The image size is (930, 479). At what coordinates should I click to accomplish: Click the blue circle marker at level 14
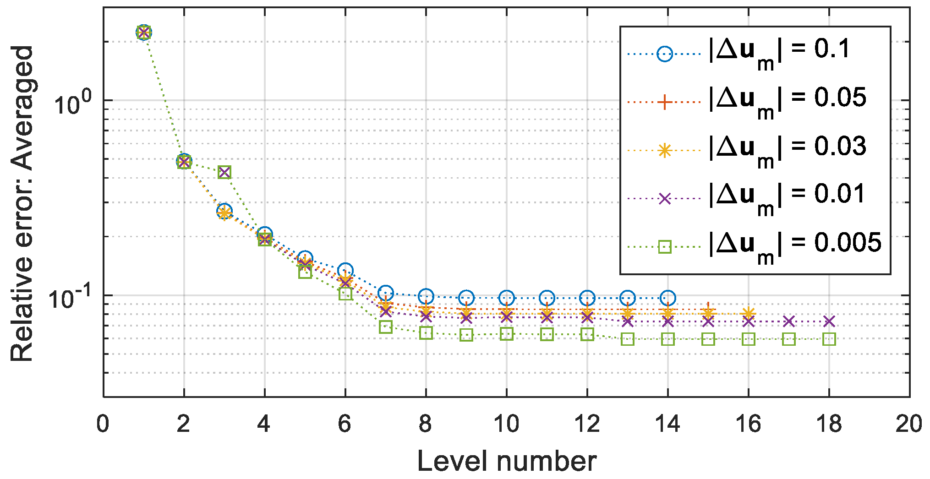(x=667, y=298)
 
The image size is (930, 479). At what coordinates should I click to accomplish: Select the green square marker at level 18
(x=829, y=339)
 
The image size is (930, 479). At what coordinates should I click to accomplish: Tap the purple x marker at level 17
(x=788, y=321)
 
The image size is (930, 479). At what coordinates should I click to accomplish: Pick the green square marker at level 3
(x=224, y=172)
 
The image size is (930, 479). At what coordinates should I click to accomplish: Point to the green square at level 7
(x=385, y=327)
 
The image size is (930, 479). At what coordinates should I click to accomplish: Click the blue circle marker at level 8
(x=426, y=296)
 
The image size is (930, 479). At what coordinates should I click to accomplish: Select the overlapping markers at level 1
(x=144, y=32)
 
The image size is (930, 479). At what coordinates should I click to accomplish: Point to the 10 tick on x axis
(x=506, y=424)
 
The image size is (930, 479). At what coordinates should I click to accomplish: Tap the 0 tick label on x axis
(x=103, y=424)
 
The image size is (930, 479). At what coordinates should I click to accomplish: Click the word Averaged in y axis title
(x=22, y=108)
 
